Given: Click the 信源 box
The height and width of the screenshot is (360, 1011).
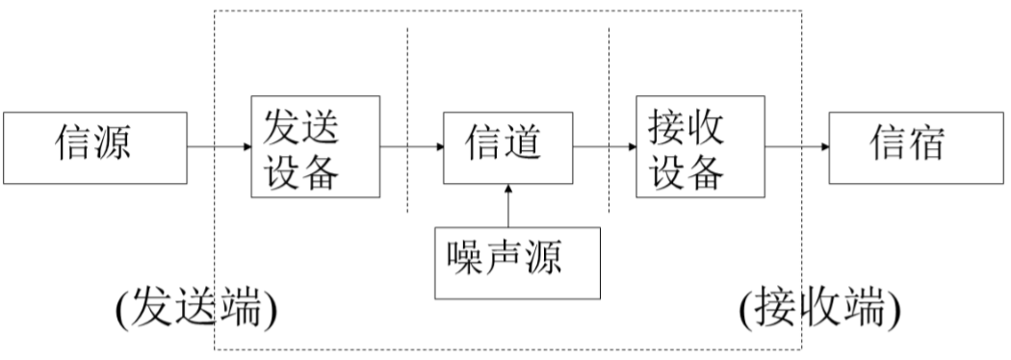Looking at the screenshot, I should click(92, 147).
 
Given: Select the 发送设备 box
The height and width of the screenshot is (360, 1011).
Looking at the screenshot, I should click(314, 147).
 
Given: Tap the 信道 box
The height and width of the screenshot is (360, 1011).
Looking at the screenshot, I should click(506, 147).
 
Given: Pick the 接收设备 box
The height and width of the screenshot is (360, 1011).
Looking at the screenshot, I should click(699, 147).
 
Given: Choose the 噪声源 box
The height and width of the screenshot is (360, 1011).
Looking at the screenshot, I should click(519, 261).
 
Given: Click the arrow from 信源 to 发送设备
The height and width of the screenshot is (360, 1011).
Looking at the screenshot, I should click(218, 147).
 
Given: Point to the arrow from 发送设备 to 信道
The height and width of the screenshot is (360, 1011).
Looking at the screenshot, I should click(412, 147).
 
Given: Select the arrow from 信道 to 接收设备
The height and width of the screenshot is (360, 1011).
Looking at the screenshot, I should click(604, 147).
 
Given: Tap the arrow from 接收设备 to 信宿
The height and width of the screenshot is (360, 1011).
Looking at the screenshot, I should click(796, 147).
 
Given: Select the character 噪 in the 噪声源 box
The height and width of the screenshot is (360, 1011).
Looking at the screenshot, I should click(469, 260).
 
